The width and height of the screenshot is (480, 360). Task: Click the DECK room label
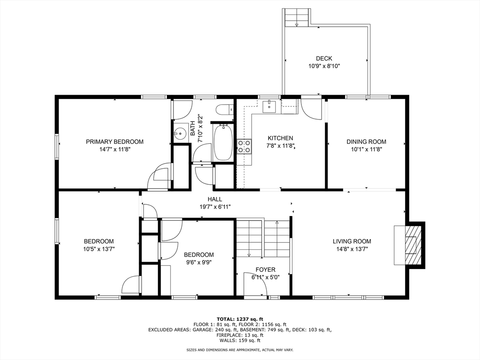(324, 59)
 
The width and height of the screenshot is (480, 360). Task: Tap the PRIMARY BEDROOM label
(114, 142)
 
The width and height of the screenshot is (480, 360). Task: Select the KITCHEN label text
(280, 138)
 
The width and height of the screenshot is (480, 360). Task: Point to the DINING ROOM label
(366, 142)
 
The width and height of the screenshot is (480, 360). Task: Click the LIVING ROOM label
(352, 241)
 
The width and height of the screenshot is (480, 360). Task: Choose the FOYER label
(265, 270)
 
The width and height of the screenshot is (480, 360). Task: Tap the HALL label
(215, 199)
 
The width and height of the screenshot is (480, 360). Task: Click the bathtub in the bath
(223, 142)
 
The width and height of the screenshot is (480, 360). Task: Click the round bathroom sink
(180, 133)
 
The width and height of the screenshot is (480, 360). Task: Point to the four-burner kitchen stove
(244, 146)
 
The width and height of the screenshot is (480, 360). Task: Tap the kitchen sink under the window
(270, 106)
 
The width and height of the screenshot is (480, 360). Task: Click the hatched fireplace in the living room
(411, 245)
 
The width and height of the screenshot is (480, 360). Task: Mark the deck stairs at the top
(296, 18)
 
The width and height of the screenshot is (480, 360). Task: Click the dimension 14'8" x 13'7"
(352, 249)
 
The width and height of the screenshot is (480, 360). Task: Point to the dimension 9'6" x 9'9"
(199, 262)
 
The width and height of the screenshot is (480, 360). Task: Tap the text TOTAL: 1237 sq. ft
(240, 319)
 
